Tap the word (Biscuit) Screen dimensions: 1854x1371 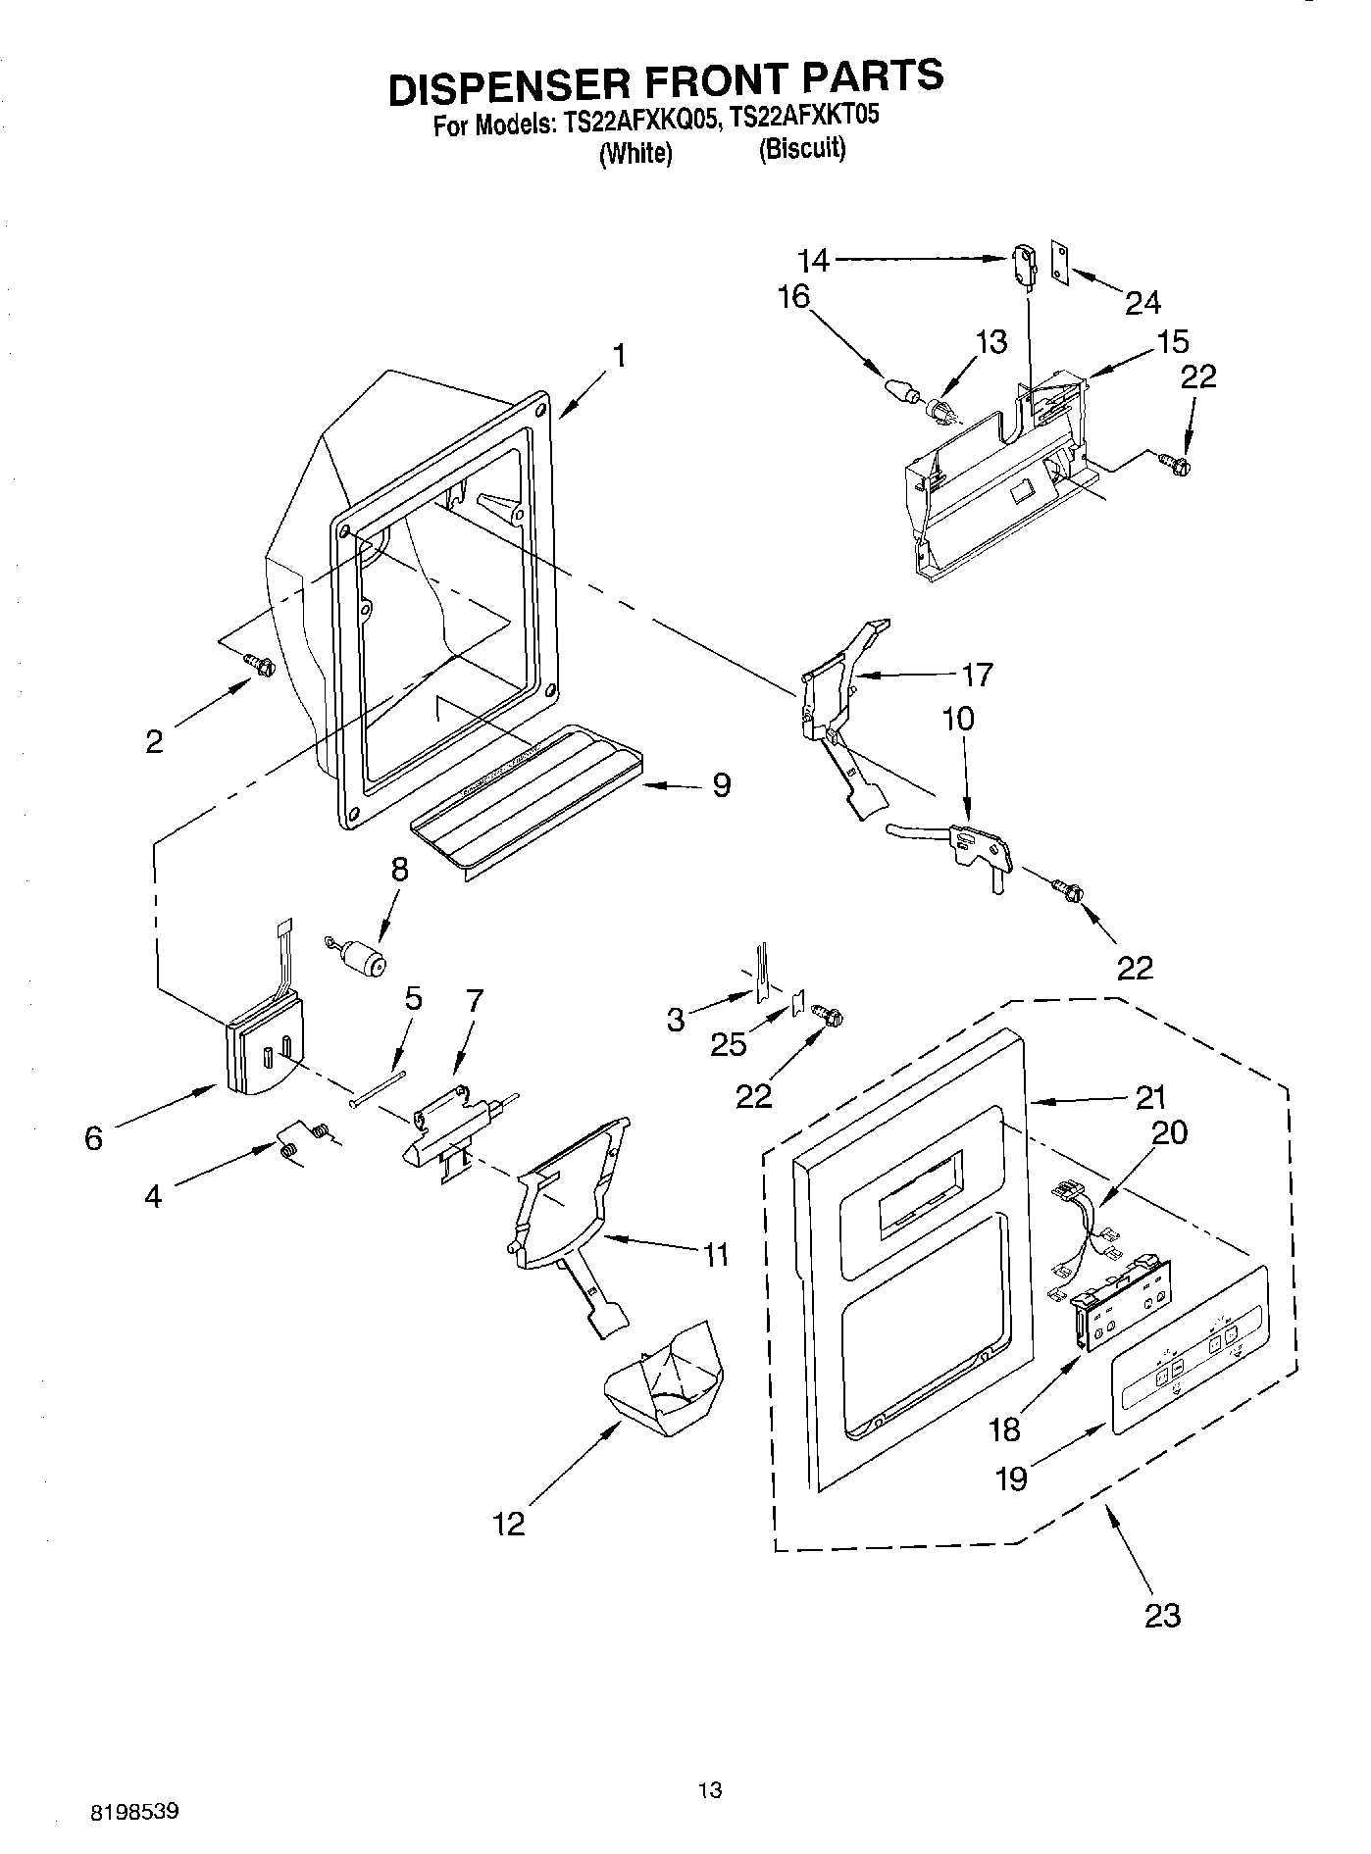(x=801, y=150)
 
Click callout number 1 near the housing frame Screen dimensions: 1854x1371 (x=619, y=355)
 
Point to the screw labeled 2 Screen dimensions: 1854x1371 (x=261, y=666)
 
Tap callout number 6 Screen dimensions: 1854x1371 (x=93, y=1138)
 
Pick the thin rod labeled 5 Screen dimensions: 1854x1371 (x=378, y=1087)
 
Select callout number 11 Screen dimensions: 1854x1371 (x=715, y=1254)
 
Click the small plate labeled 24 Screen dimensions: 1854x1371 (x=1061, y=262)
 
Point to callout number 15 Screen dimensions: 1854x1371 (x=1172, y=342)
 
